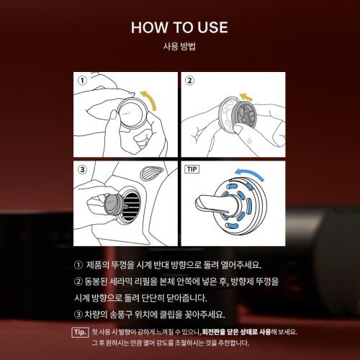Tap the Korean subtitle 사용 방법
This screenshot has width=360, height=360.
(179, 48)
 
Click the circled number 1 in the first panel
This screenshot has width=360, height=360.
(82, 81)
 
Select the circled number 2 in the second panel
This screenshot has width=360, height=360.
(190, 81)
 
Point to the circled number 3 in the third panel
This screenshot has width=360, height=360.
(82, 170)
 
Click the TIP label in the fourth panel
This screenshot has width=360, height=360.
(192, 169)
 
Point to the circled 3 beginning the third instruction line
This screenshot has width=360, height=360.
(78, 314)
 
